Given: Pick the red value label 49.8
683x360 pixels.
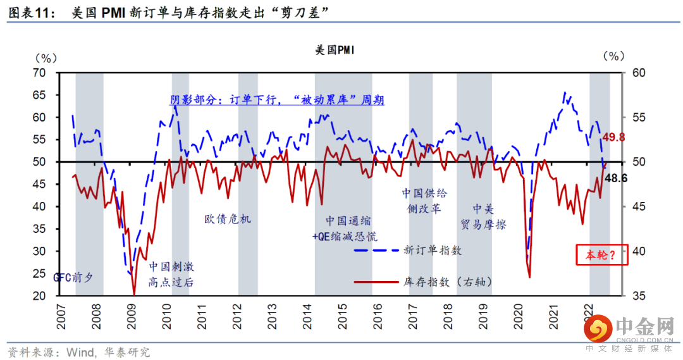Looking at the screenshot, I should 613,137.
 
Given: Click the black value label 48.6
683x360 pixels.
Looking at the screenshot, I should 616,178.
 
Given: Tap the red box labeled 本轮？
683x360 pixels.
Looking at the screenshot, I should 601,255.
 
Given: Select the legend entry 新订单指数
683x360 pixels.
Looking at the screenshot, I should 433,250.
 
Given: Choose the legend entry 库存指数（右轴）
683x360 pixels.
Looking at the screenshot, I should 447,282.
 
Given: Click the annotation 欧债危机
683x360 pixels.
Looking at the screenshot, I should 228,219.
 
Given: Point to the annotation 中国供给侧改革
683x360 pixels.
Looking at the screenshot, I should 424,201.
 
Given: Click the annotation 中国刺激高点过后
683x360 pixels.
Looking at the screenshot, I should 171,274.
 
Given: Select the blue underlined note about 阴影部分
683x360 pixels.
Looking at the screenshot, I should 277,100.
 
